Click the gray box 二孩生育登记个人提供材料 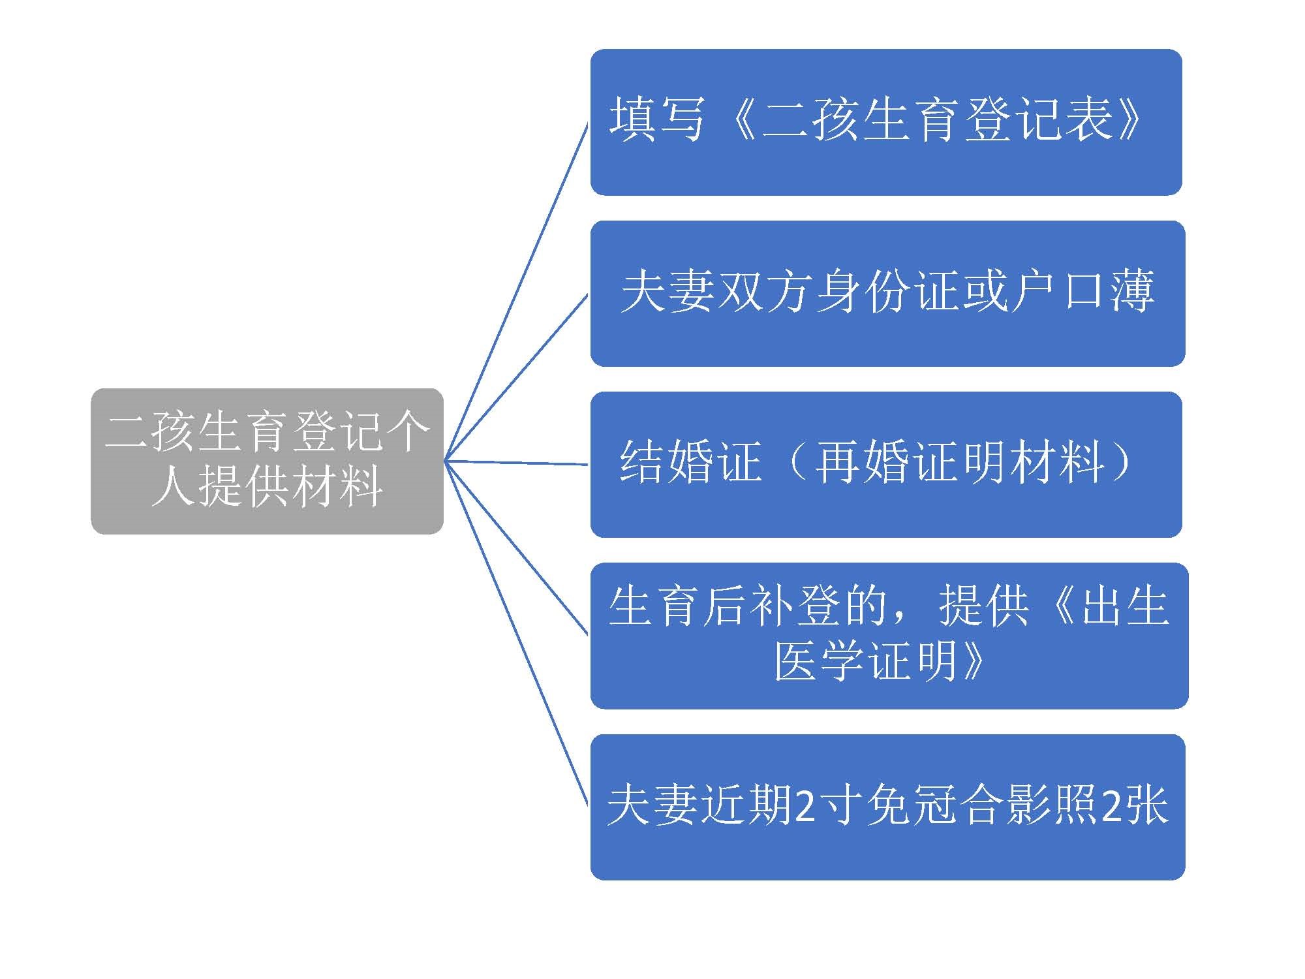pyautogui.click(x=267, y=461)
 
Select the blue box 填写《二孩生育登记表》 pyautogui.click(x=886, y=122)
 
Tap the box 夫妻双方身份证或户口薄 pyautogui.click(x=887, y=294)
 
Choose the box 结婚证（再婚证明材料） pyautogui.click(x=886, y=465)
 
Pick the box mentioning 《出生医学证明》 pyautogui.click(x=889, y=636)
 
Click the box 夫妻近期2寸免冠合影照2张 pyautogui.click(x=887, y=807)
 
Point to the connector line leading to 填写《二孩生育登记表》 pyautogui.click(x=516, y=292)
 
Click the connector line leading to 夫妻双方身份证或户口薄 pyautogui.click(x=516, y=378)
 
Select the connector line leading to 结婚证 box pyautogui.click(x=516, y=463)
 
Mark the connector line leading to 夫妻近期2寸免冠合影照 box pyautogui.click(x=516, y=634)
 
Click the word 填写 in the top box pyautogui.click(x=657, y=119)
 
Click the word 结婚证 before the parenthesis pyautogui.click(x=691, y=461)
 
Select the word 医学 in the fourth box pyautogui.click(x=821, y=660)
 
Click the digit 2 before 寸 pyautogui.click(x=805, y=806)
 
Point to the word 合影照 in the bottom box pyautogui.click(x=1028, y=805)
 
